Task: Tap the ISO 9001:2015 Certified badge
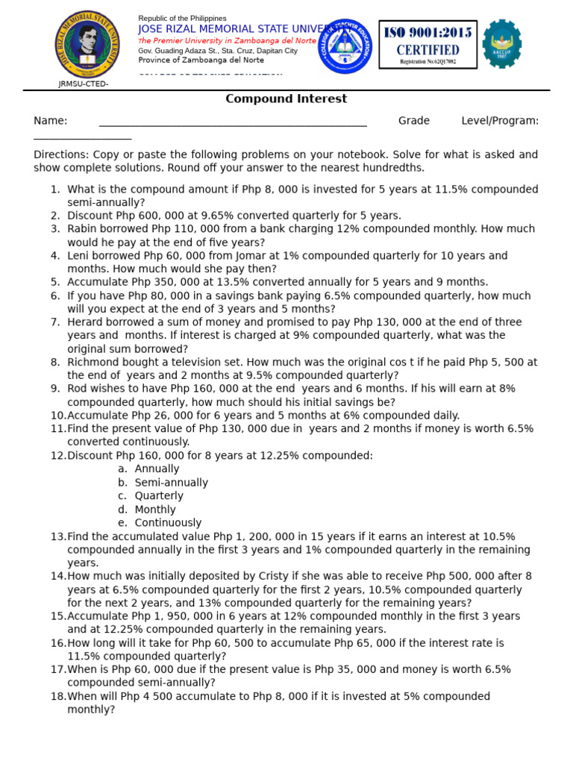click(428, 44)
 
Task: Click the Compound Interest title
click(286, 99)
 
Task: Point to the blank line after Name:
click(233, 122)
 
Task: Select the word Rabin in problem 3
click(83, 229)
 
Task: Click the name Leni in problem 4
click(80, 256)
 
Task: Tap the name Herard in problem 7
click(86, 322)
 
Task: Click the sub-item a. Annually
click(148, 469)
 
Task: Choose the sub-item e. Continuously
click(160, 523)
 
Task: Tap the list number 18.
click(58, 697)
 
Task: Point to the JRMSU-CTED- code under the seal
click(84, 84)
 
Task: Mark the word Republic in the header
click(155, 18)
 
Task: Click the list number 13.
click(58, 536)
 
